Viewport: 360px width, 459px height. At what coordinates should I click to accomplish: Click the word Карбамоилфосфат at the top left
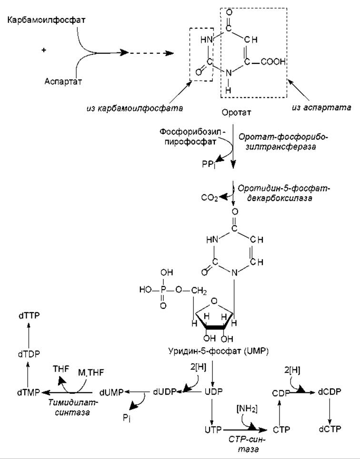click(46, 20)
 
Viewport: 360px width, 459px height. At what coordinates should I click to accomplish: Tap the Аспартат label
click(63, 81)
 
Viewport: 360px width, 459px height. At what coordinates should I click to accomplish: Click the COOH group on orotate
click(273, 62)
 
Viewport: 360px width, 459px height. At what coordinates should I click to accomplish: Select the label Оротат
click(236, 112)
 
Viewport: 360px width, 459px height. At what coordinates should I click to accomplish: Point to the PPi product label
click(209, 164)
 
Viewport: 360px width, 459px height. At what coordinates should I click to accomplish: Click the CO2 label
click(210, 198)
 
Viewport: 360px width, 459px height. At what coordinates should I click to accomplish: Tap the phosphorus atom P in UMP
click(163, 290)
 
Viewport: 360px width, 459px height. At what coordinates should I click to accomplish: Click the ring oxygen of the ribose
click(214, 301)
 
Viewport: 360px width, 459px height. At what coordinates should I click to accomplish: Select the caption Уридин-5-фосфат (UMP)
click(219, 351)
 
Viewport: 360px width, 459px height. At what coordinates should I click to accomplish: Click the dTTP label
click(29, 316)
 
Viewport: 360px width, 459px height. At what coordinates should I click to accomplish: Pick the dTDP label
click(29, 354)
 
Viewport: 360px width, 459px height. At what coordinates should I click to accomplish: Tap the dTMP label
click(29, 393)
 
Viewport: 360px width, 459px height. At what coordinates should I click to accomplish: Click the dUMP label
click(111, 393)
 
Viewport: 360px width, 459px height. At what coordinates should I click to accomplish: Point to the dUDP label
click(165, 392)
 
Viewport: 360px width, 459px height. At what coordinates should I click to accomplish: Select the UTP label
click(213, 430)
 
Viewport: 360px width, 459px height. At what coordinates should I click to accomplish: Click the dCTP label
click(330, 429)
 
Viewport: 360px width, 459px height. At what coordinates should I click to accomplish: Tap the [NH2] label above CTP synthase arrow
click(247, 409)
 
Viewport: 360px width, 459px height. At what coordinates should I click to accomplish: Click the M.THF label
click(91, 373)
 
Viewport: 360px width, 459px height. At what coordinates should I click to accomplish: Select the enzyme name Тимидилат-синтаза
click(73, 408)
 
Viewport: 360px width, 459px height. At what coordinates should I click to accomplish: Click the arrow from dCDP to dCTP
click(330, 411)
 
